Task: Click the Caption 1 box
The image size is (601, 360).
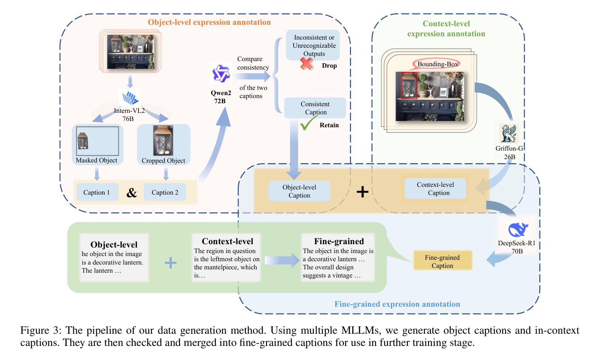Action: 97,192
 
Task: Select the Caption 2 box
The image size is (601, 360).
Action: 165,192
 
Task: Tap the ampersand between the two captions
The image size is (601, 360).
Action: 131,193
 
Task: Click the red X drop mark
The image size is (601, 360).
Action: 307,64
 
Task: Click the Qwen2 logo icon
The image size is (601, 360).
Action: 221,74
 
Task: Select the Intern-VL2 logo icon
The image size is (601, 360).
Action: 131,98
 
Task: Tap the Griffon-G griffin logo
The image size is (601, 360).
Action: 509,134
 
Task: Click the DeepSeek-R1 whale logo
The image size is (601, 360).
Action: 519,229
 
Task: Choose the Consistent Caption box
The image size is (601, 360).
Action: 315,108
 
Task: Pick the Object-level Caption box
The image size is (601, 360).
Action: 299,191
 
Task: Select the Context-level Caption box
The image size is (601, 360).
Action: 435,189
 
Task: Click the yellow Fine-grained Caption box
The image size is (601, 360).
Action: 442,262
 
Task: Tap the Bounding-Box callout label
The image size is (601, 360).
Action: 438,64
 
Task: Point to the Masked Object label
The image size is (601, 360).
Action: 97,160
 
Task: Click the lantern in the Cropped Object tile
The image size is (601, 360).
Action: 163,141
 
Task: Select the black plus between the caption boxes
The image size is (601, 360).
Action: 362,191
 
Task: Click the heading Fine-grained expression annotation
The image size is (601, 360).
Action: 397,304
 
